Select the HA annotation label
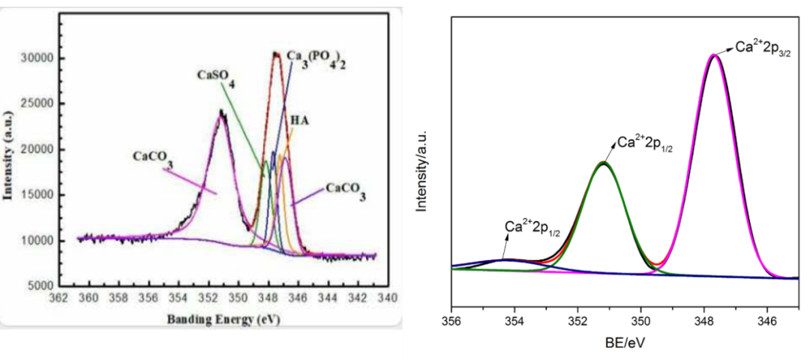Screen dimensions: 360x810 [300, 120]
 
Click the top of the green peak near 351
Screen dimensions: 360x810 [603, 162]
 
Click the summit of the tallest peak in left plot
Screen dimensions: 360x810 [276, 52]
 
